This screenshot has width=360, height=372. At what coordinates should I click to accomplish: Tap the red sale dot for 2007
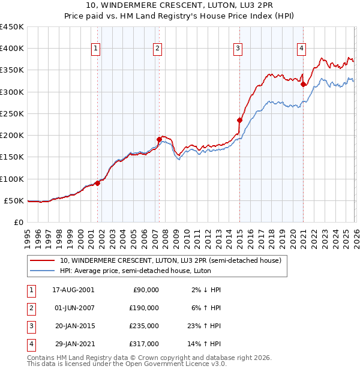coord(159,139)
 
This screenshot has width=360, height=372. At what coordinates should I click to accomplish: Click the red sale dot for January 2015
coord(239,120)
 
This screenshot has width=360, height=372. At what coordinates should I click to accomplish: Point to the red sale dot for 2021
coord(303,85)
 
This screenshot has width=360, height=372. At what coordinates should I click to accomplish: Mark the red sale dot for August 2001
coord(97,183)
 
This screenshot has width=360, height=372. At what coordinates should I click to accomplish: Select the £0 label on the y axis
coord(19,222)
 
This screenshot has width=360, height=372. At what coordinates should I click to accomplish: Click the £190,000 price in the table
coord(145,308)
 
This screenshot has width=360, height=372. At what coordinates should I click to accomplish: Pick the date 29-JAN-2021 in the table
coord(73,344)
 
